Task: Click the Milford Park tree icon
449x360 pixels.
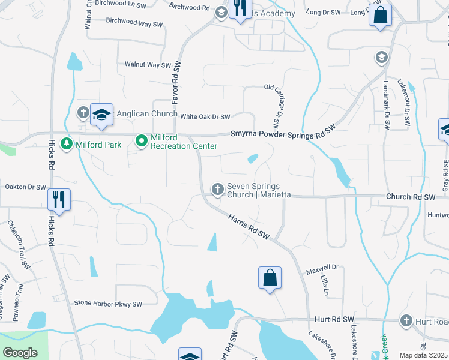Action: coord(67,144)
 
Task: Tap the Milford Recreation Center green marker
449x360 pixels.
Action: coord(142,142)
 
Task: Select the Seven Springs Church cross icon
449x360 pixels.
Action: coord(218,190)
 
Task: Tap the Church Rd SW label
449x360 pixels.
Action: coord(411,197)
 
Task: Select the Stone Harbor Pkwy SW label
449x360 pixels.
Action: coord(108,304)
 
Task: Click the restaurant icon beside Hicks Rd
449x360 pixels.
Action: coord(58,199)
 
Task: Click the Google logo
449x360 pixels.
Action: coord(20,353)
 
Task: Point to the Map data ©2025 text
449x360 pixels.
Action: coord(424,355)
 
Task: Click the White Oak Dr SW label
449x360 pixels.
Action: coord(205,117)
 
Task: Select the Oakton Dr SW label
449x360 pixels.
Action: coord(25,187)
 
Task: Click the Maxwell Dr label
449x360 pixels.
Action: coord(322,267)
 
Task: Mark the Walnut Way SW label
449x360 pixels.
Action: coord(148,64)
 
